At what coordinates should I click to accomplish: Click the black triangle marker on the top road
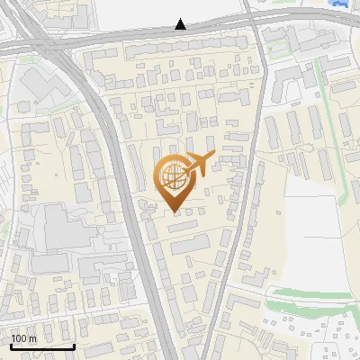(181, 24)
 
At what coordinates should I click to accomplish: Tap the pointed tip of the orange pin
(175, 211)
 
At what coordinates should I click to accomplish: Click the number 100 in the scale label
(18, 338)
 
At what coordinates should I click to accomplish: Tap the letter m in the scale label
(32, 338)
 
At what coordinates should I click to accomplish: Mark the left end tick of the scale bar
(10, 345)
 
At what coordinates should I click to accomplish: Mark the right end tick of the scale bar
(75, 345)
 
